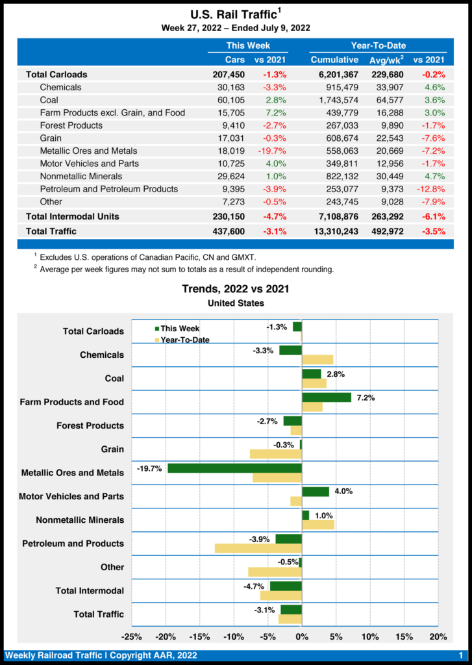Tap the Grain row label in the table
point(51,138)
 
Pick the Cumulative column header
point(335,60)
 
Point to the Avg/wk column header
point(386,60)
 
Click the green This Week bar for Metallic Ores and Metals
point(234,468)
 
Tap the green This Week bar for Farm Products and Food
point(327,397)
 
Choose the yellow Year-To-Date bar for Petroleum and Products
point(258,548)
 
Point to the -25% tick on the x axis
point(132,636)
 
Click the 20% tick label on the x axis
point(438,636)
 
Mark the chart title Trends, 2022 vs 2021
point(236,289)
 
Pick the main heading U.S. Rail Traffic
point(236,14)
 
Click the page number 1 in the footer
point(460,656)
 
